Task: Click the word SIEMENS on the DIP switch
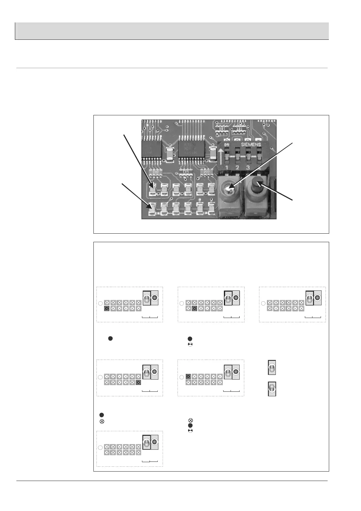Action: click(x=251, y=145)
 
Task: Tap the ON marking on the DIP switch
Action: click(x=226, y=145)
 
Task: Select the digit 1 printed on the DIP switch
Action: click(x=226, y=168)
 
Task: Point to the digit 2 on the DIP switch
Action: click(x=237, y=168)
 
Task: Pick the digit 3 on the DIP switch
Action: click(x=248, y=168)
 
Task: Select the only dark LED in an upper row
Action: click(x=188, y=377)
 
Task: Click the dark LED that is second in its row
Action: click(x=195, y=309)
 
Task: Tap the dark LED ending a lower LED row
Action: click(x=139, y=383)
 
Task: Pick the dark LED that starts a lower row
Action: click(x=107, y=309)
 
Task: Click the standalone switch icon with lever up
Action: click(x=272, y=367)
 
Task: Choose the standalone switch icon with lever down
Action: click(x=272, y=389)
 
